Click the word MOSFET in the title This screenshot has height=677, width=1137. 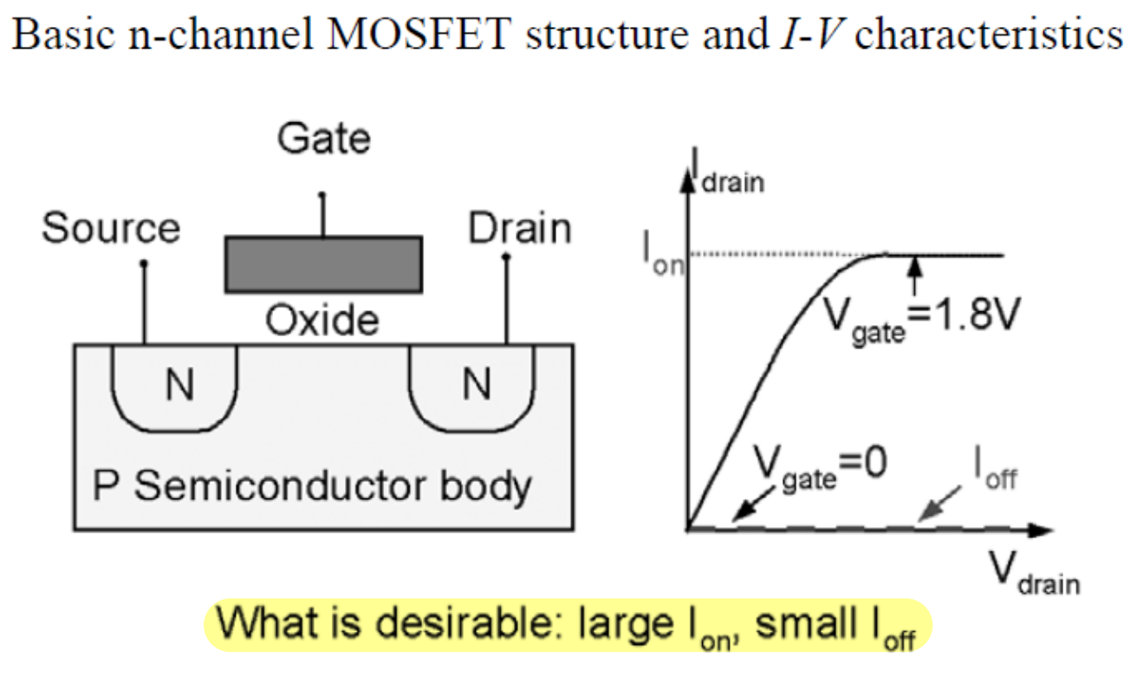[419, 34]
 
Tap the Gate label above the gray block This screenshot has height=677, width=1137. [324, 138]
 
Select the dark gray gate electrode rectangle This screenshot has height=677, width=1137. [324, 264]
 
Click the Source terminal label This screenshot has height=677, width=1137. [111, 227]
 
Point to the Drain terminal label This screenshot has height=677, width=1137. [520, 227]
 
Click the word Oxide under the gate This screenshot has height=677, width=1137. [322, 320]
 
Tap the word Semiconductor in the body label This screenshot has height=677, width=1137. [280, 485]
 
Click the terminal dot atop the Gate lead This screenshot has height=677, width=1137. [322, 195]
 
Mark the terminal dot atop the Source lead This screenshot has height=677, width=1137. [144, 263]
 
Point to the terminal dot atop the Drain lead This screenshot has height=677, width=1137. [505, 257]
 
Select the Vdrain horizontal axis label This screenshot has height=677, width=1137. [1035, 573]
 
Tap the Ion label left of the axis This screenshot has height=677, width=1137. [663, 254]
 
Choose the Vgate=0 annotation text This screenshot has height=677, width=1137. [821, 467]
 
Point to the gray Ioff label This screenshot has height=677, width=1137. [996, 468]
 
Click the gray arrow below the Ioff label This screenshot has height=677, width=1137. [939, 503]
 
